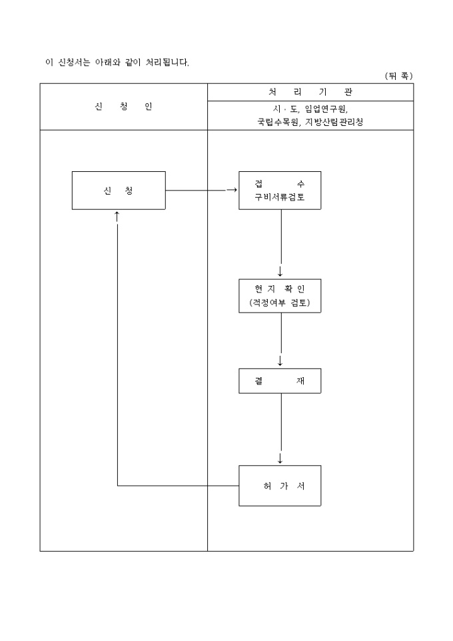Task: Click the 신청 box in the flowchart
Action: tap(119, 191)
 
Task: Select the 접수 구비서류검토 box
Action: tap(280, 191)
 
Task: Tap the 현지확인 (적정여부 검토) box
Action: tap(280, 296)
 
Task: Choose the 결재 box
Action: tap(280, 380)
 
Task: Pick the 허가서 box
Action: tap(280, 486)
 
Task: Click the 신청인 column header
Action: tap(123, 107)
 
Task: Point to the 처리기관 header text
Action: tap(310, 92)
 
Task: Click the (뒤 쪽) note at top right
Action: tap(398, 76)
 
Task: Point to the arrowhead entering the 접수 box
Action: tap(232, 190)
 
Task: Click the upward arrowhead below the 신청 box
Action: tap(117, 215)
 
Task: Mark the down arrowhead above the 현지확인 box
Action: tap(280, 272)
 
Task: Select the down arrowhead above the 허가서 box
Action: tap(280, 458)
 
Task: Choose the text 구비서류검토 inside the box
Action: tap(280, 197)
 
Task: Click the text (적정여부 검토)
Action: tap(280, 303)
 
